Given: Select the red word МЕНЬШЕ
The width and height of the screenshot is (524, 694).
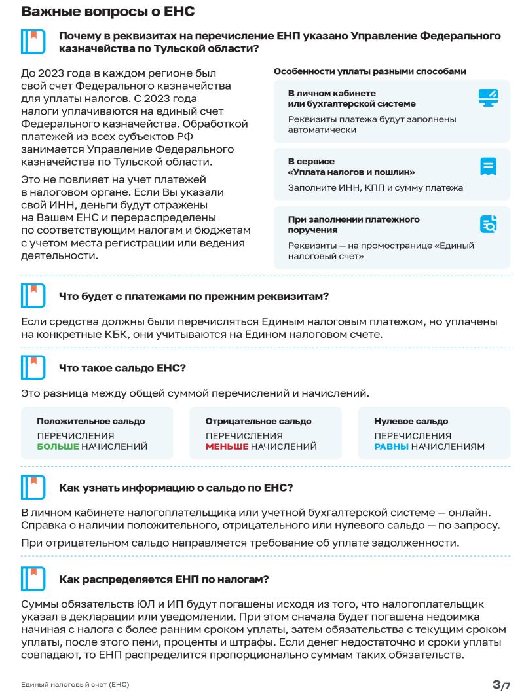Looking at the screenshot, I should pyautogui.click(x=227, y=447).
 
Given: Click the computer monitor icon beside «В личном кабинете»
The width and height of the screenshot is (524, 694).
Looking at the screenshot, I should pyautogui.click(x=488, y=98).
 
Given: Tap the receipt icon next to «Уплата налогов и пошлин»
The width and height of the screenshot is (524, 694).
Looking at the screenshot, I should pyautogui.click(x=488, y=166).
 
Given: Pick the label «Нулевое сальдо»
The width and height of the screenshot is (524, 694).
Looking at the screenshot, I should pyautogui.click(x=411, y=421).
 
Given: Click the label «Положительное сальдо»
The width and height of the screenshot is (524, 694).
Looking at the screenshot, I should pyautogui.click(x=90, y=421).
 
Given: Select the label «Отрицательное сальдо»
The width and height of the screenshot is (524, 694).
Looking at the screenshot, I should pyautogui.click(x=258, y=421).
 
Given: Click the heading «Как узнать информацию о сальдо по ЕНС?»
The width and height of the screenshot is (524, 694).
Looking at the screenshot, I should pyautogui.click(x=176, y=487).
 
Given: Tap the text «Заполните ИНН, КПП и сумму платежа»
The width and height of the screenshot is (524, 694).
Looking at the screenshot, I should pyautogui.click(x=375, y=188).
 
